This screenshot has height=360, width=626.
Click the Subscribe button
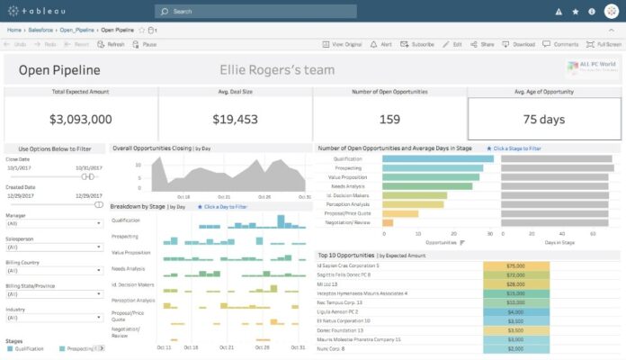418,43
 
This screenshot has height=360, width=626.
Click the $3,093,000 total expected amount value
81,119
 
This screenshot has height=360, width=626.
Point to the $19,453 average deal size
236,119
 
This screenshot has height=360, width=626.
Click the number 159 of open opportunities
389,119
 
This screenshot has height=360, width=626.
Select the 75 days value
543,119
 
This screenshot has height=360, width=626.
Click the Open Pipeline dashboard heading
58,70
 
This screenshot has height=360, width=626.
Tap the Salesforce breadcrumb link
40,30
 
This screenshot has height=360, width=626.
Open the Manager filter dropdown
54,222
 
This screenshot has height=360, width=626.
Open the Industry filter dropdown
54,317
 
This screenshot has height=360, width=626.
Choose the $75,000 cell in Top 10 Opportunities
515,265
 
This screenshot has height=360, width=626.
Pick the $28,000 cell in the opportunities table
515,283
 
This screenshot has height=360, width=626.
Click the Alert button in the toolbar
381,43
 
